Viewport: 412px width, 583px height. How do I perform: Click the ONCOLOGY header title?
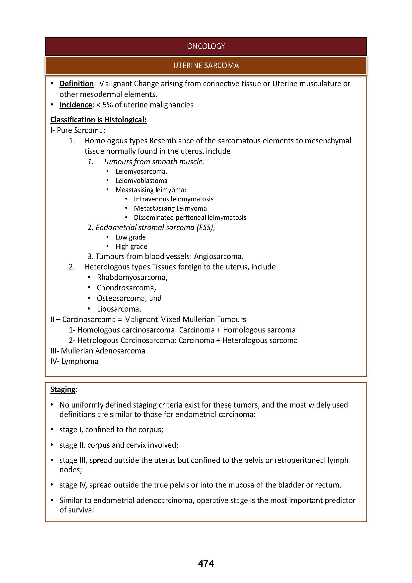point(206,46)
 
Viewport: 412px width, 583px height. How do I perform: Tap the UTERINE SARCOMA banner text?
point(206,66)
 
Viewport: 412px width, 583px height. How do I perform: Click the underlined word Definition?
point(76,84)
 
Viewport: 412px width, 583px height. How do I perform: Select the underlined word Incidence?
point(76,105)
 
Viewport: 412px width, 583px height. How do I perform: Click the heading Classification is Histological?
point(98,120)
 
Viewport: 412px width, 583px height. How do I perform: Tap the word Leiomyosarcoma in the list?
point(141,172)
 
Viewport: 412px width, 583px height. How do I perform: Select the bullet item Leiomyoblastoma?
point(141,181)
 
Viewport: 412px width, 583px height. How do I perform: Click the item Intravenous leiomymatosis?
point(174,199)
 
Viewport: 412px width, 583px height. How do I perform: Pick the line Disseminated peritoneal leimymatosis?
point(190,218)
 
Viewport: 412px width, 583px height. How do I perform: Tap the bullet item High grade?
point(131,247)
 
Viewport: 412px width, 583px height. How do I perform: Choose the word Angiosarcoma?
point(218,256)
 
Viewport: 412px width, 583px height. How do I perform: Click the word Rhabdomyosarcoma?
point(132,277)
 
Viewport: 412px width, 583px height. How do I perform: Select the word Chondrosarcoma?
point(126,288)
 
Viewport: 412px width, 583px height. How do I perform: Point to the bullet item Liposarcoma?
point(119,309)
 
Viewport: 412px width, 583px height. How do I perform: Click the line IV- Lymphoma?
point(74,361)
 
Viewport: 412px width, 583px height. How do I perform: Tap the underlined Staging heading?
point(63,390)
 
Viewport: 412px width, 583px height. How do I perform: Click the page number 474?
point(206,564)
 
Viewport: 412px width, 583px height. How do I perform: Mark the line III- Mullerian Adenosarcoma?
point(98,351)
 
